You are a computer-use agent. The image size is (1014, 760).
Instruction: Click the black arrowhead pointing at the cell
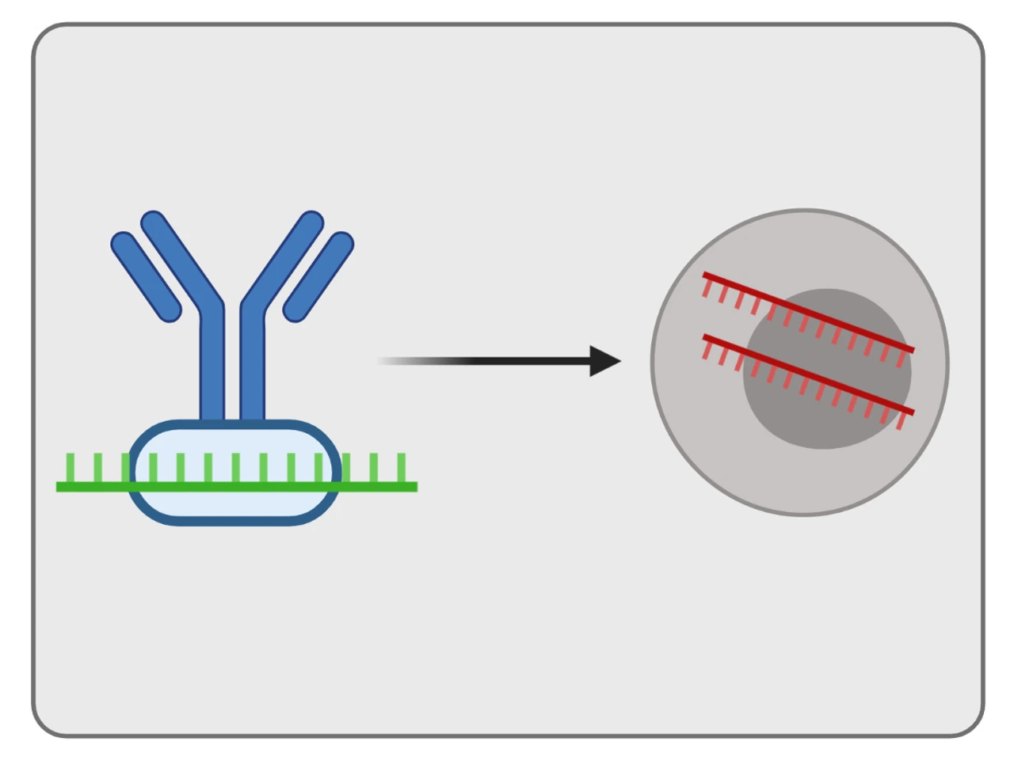pos(605,361)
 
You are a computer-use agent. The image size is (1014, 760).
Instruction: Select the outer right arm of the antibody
pos(318,277)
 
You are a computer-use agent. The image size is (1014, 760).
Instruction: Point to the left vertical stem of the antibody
pos(212,364)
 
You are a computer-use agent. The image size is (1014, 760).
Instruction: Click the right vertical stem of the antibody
pos(252,364)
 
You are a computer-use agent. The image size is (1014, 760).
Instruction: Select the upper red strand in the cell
pos(808,313)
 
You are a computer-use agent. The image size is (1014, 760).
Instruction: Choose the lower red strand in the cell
pos(808,374)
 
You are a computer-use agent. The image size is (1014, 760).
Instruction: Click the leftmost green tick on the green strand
pos(71,467)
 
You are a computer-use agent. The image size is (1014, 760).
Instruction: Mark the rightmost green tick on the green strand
pos(401,467)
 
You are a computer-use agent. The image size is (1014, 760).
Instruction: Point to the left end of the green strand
pos(60,487)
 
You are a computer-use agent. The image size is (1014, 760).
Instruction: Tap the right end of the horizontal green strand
pos(414,487)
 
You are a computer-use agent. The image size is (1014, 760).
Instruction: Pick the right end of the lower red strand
pos(911,412)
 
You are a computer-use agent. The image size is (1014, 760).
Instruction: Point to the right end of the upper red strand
pos(911,349)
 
